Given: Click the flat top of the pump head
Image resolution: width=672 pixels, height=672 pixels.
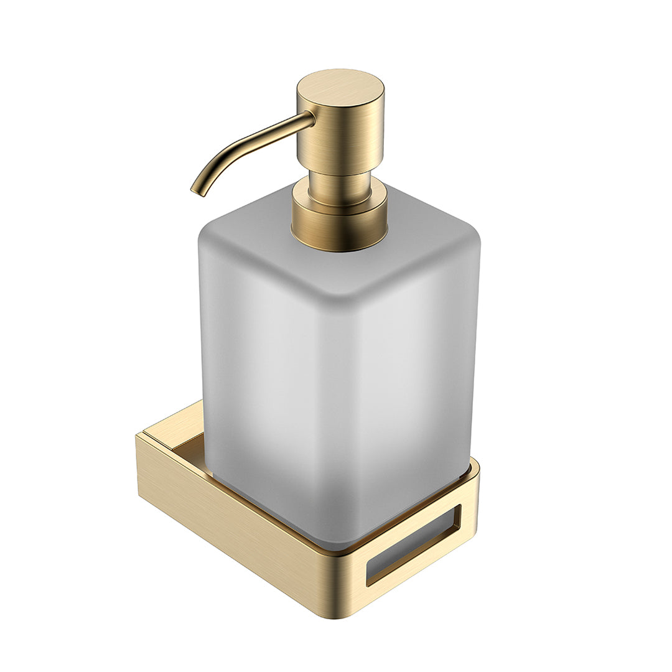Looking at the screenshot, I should click(340, 88).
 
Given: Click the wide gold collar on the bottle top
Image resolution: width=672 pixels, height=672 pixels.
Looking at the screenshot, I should click(340, 224).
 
